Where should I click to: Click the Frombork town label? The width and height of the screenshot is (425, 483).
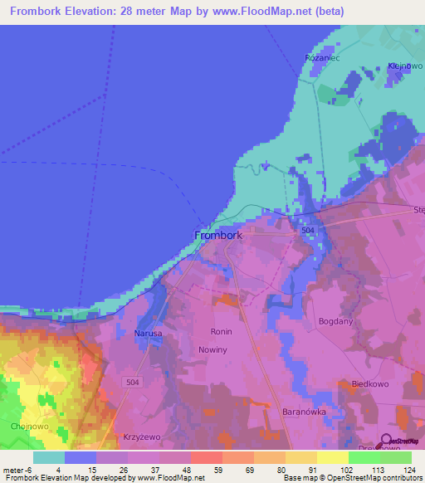pos(218,236)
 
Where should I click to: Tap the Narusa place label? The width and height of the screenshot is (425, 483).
pos(148,334)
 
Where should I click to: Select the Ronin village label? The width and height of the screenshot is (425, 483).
pos(222,332)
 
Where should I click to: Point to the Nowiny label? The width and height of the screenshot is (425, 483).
pos(213,350)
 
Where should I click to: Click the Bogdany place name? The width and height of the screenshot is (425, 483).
pos(335,320)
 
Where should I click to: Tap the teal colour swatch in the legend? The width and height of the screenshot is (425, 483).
pos(49,457)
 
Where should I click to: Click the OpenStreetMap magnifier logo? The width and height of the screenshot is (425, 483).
pos(387,441)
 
